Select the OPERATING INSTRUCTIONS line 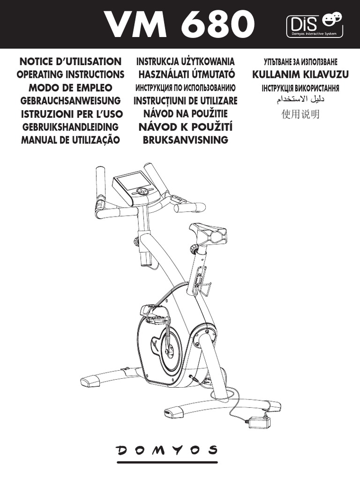point(70,75)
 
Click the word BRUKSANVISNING point(186,140)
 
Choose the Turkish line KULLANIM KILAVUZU point(300,74)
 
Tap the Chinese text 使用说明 point(300,114)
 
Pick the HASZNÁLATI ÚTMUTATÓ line point(186,75)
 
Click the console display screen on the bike point(132,180)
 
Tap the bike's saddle point(209,233)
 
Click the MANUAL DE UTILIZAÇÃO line point(71,140)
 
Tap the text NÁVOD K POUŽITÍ point(186,127)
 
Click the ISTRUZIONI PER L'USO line point(71,114)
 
